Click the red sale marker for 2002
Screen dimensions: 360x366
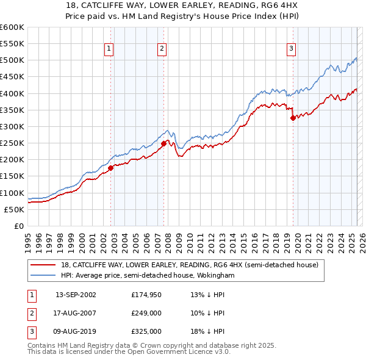(110, 168)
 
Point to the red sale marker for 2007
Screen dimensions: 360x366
(163, 143)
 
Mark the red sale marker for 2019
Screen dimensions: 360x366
(293, 118)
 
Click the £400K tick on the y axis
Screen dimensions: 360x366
(12, 93)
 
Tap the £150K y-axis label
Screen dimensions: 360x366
(12, 176)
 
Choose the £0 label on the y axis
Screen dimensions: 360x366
(18, 226)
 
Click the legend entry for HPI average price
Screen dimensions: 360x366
(148, 276)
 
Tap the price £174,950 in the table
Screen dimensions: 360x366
(146, 295)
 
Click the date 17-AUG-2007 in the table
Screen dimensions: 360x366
(76, 314)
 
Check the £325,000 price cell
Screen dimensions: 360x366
(146, 331)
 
